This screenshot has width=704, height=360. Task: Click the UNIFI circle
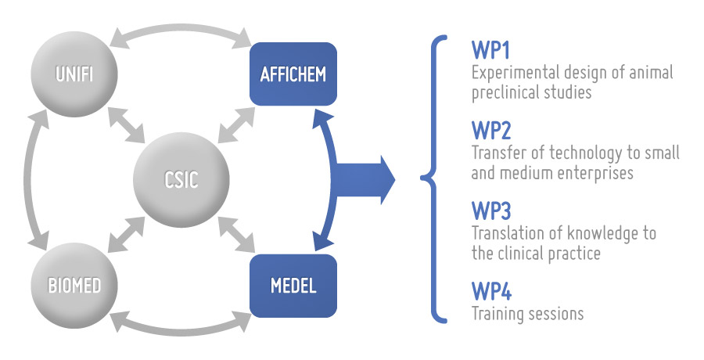coord(74,74)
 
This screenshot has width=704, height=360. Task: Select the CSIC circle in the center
coord(181,179)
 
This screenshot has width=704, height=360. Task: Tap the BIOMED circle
coord(74,286)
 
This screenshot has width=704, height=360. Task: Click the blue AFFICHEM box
coord(293,74)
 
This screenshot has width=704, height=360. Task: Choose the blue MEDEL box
coord(293,286)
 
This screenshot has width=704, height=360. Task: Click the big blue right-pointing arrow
coord(364,180)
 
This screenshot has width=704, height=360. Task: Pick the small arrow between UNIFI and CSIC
coord(127,125)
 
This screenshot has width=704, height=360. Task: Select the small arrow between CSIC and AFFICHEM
coord(236,125)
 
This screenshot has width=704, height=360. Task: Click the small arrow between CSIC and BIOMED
coord(127,235)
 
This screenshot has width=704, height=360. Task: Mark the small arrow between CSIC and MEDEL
coord(236,235)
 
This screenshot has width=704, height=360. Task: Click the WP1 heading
coord(490,50)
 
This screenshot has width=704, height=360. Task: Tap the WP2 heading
coord(491,131)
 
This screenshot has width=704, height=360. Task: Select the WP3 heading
coord(491,211)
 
